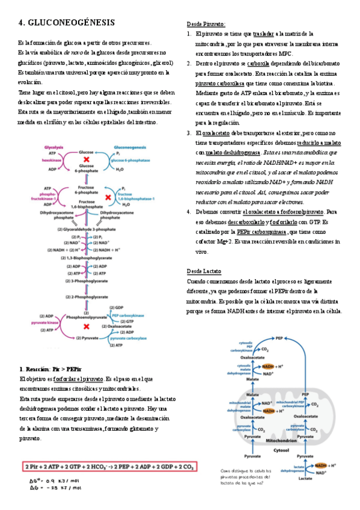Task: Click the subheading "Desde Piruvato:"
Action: tap(206, 23)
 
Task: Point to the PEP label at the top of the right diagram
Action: tap(279, 339)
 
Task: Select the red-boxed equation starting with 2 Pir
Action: tap(108, 467)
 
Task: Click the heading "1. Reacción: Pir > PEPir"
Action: tap(51, 369)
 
